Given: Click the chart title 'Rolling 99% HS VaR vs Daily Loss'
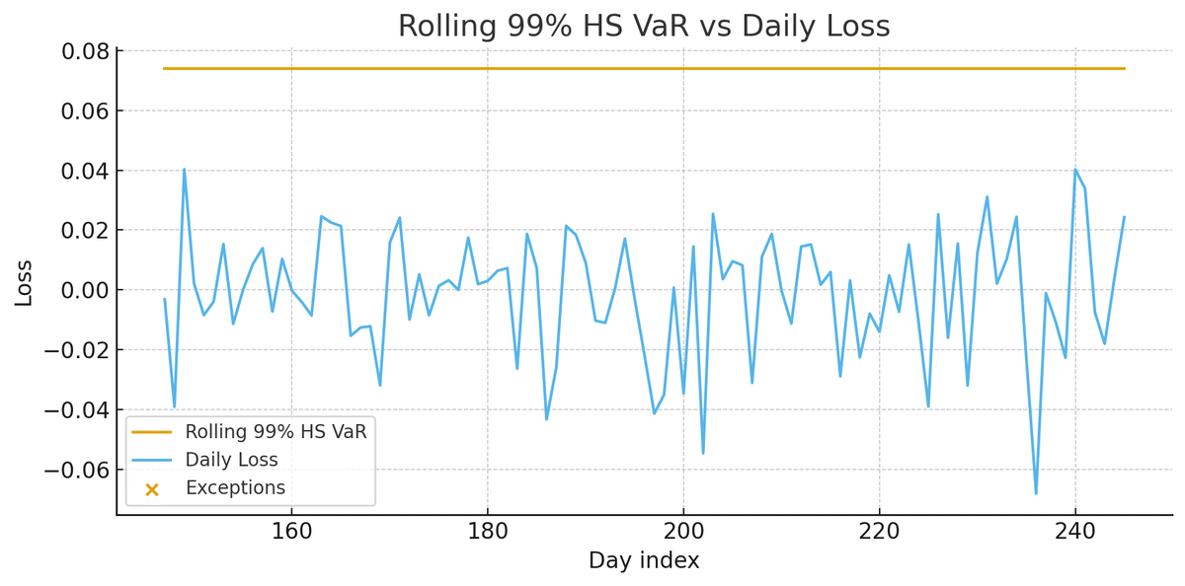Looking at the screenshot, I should pos(644,27).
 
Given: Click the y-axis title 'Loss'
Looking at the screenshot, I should pos(24,282).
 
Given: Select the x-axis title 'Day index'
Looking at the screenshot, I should pos(644,561).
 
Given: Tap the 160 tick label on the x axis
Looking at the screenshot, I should pos(291,530).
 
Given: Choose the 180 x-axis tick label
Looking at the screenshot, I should pos(488,530).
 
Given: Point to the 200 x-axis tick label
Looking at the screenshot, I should pos(683,530).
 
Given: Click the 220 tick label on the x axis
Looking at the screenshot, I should pos(879,530).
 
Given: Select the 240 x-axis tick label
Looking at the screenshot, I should pos(1075,530).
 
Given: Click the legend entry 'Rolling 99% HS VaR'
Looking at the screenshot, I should pos(276,432).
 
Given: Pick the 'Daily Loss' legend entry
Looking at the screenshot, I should pos(232,460).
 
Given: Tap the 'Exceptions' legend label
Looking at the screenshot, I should pos(235,487).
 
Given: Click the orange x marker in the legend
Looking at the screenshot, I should pos(152,488).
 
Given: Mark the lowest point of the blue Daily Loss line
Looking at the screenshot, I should pos(1036,493).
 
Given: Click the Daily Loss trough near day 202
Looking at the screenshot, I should pos(703,453).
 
